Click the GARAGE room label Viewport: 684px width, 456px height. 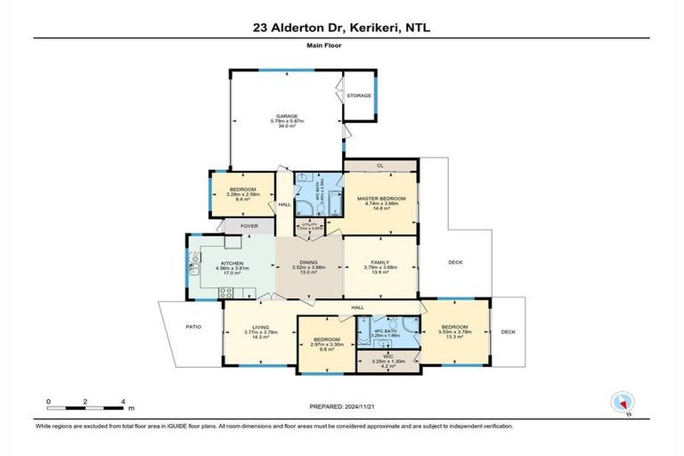tap(285, 115)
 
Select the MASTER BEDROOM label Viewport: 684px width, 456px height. tap(381, 198)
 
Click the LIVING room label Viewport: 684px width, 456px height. tap(261, 326)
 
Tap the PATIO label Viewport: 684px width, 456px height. tap(193, 327)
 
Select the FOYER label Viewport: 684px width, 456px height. tap(249, 226)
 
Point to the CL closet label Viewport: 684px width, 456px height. tap(380, 166)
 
